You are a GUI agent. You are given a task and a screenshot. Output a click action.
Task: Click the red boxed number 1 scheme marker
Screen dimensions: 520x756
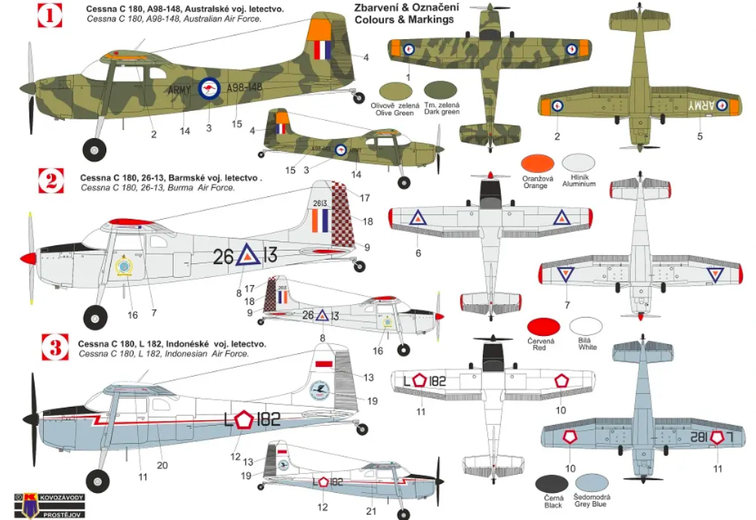50,15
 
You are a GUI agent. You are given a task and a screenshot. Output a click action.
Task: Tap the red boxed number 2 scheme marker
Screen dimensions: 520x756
51,181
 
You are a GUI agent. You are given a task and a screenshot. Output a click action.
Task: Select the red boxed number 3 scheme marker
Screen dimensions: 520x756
54,348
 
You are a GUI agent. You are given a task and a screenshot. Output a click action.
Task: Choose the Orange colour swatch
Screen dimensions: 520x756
537,163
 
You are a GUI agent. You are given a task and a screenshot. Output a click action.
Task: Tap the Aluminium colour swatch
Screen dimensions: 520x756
579,162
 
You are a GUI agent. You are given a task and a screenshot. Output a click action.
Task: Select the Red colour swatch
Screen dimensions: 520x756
543,327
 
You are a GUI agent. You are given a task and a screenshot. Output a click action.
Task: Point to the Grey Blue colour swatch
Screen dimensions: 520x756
592,483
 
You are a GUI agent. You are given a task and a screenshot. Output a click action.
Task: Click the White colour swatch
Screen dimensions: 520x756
586,326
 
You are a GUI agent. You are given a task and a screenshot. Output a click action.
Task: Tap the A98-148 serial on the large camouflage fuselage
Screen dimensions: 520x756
244,88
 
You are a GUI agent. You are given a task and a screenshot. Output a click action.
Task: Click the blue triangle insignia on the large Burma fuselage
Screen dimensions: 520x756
246,257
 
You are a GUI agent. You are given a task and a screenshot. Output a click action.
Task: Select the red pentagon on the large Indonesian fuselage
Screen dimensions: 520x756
243,420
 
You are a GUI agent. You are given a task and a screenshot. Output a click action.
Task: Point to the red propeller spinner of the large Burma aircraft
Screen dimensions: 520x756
29,259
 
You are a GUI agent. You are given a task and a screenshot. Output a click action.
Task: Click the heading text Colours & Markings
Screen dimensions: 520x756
404,20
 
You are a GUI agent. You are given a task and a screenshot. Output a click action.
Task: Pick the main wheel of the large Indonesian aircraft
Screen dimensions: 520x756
97,480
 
